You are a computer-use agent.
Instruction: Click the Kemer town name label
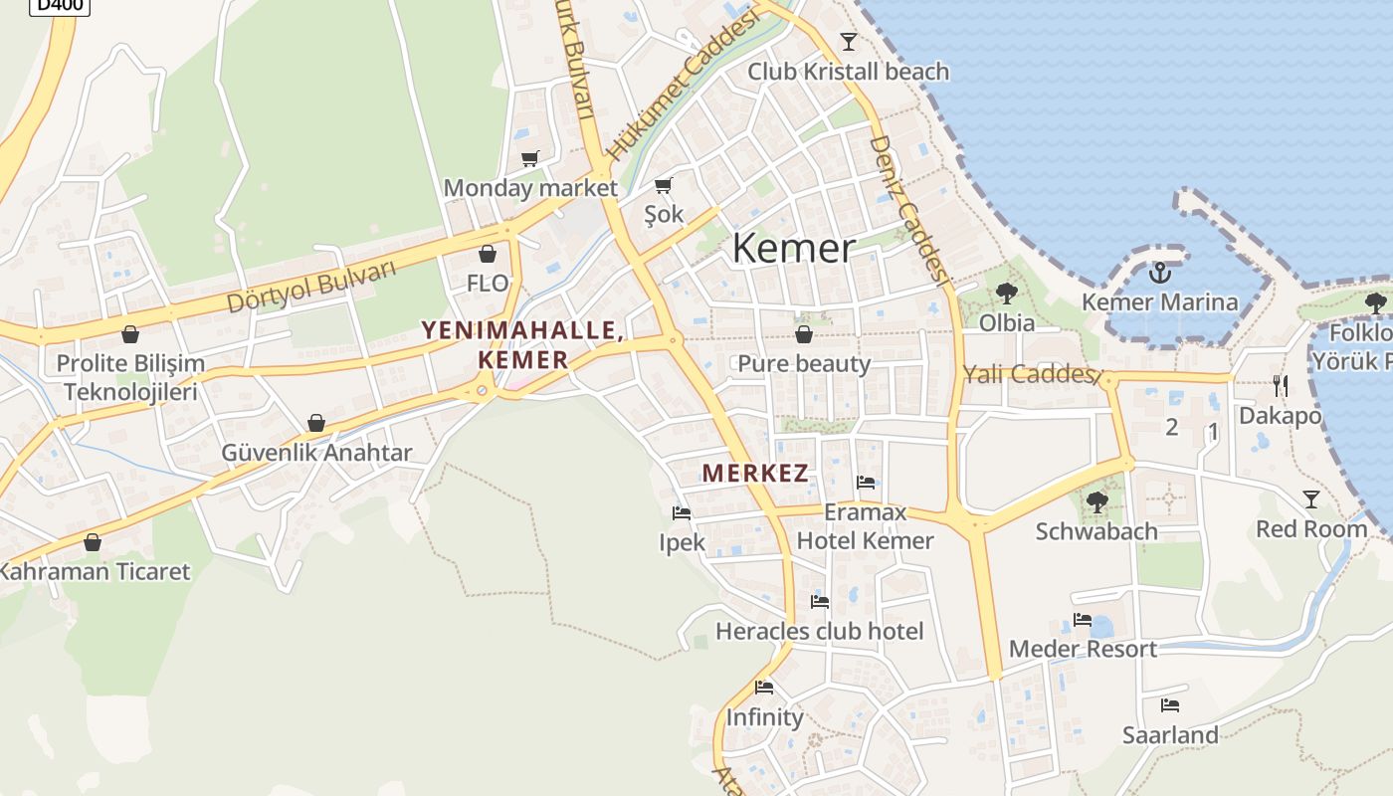coord(793,249)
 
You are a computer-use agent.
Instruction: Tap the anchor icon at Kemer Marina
coord(1159,272)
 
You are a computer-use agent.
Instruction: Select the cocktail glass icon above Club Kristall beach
coord(848,41)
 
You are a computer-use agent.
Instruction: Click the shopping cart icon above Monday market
coord(529,158)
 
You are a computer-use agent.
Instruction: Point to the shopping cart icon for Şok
coord(664,184)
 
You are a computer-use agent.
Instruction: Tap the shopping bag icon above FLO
coord(487,254)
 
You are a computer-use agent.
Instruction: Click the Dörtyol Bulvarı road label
coord(311,287)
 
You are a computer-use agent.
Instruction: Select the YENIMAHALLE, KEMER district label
coord(522,344)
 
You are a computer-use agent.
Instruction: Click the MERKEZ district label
coord(755,474)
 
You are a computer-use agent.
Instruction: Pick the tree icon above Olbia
coord(1006,293)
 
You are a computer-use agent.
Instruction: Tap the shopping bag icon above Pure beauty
coord(803,334)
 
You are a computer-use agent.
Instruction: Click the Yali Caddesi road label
coord(1031,375)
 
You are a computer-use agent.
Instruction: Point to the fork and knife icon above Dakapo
coord(1280,385)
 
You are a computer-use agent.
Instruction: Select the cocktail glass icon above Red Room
coord(1311,498)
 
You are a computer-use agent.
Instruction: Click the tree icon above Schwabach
coord(1096,501)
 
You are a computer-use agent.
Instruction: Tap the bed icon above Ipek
coord(682,513)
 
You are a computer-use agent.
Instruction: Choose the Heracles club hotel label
coord(819,631)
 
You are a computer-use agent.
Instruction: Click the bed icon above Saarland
coord(1170,705)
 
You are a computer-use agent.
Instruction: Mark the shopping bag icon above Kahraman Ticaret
coord(93,542)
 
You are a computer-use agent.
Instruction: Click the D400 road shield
coord(61,6)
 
